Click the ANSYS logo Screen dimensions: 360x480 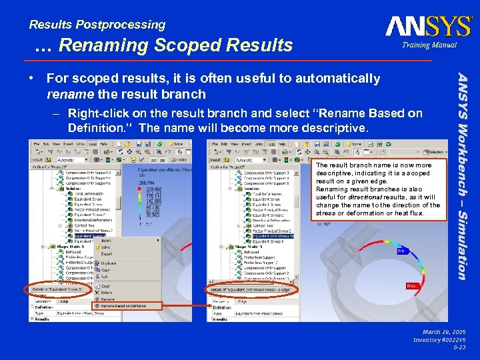pos(428,27)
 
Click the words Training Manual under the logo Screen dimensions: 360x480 pos(429,45)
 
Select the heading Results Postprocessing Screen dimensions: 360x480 pos(97,25)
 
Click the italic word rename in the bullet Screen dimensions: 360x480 pos(67,93)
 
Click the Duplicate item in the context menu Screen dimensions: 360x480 pos(109,263)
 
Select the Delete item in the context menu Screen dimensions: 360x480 pos(107,292)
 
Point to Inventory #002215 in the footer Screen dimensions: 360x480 pos(439,340)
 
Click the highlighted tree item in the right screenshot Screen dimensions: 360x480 pos(267,235)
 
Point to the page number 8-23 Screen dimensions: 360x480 pos(459,347)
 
